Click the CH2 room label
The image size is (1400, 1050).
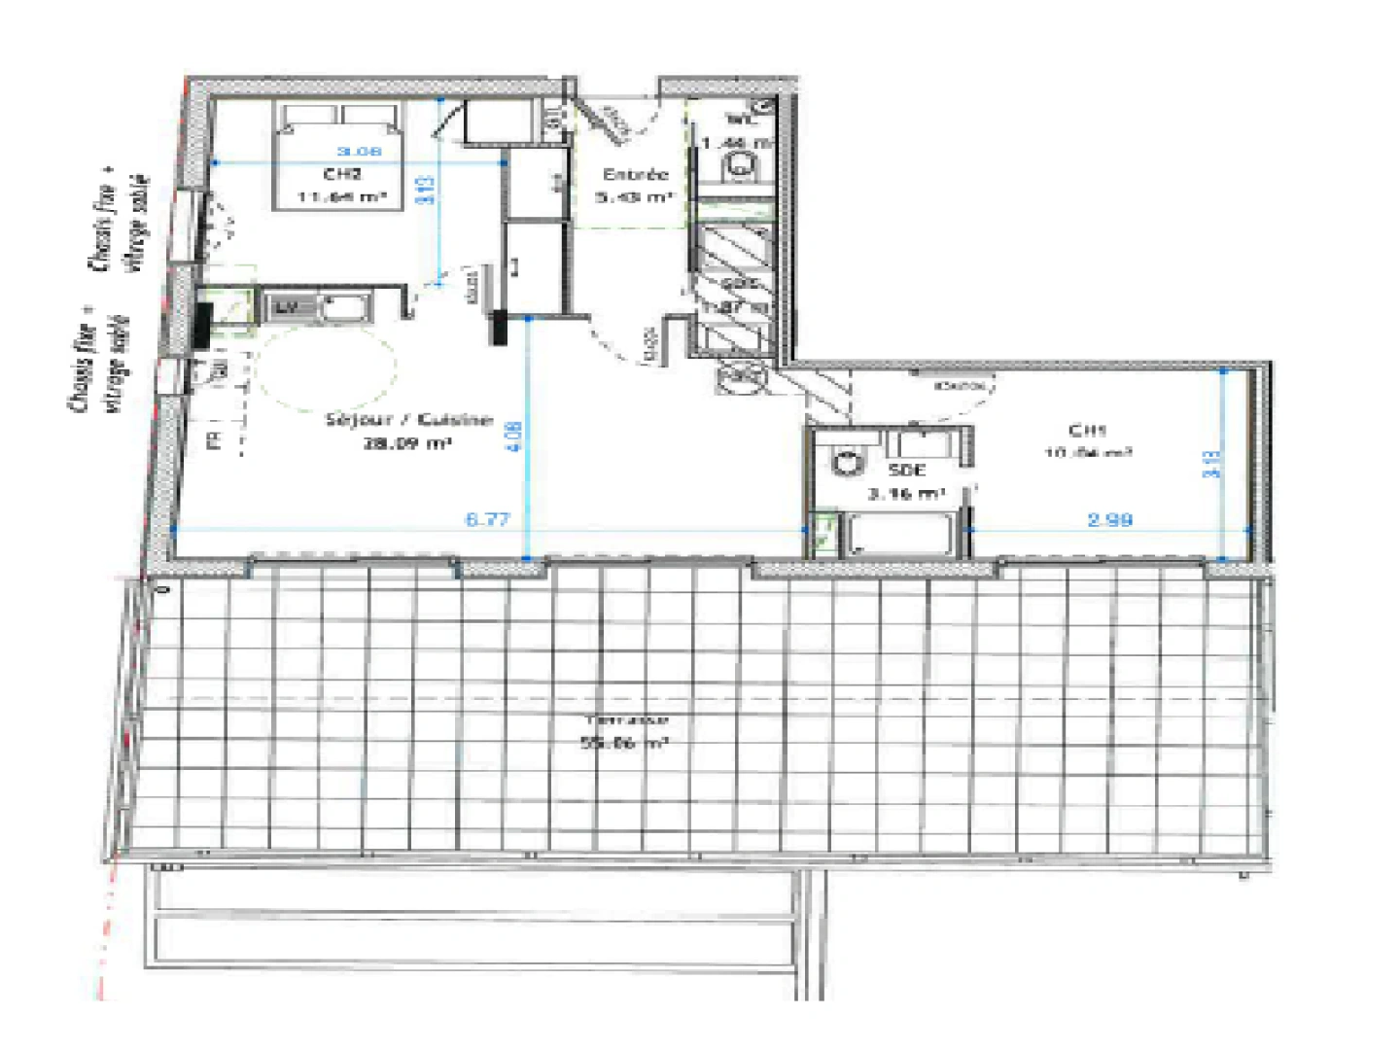pyautogui.click(x=342, y=174)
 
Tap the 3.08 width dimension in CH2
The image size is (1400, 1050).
pyautogui.click(x=359, y=151)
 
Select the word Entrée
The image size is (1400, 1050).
pyautogui.click(x=636, y=174)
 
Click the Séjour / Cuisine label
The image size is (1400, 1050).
pyautogui.click(x=408, y=420)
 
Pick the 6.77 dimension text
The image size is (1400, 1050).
pyautogui.click(x=487, y=519)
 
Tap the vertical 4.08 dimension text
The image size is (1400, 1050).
pyautogui.click(x=515, y=435)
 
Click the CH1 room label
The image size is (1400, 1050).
pyautogui.click(x=1087, y=430)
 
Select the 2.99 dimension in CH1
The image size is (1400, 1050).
pyautogui.click(x=1109, y=520)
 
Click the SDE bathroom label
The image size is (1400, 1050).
pyautogui.click(x=906, y=470)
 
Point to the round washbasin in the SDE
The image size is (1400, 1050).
pyautogui.click(x=850, y=462)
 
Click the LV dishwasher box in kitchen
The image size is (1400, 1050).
pyautogui.click(x=286, y=308)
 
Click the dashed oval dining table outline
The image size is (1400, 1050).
pyautogui.click(x=327, y=367)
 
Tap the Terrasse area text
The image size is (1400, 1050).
pyautogui.click(x=625, y=720)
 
